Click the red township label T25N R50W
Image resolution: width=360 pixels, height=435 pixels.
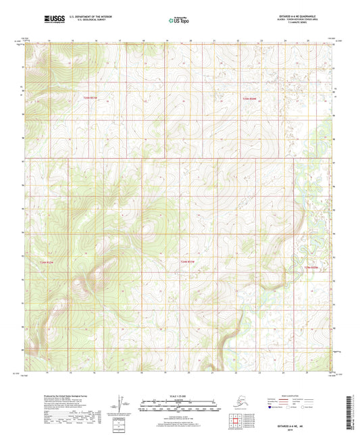tap(251, 98)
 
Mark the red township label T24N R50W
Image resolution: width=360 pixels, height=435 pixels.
tap(311, 268)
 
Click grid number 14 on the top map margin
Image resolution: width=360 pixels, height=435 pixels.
tap(49, 41)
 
